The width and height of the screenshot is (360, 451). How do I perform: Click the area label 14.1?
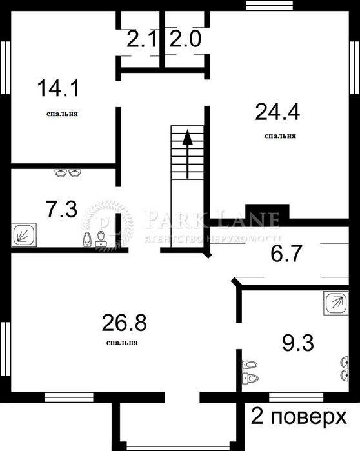pyautogui.click(x=58, y=88)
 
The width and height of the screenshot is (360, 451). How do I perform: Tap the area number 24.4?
pyautogui.click(x=277, y=112)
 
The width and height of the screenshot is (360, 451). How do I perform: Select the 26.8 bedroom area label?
pyautogui.click(x=125, y=323)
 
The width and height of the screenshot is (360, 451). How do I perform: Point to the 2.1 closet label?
pyautogui.click(x=142, y=39)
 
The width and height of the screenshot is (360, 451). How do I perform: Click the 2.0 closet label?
pyautogui.click(x=185, y=39)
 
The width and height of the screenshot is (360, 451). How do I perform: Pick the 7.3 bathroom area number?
pyautogui.click(x=62, y=209)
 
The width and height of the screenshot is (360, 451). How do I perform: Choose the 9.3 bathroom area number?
pyautogui.click(x=298, y=343)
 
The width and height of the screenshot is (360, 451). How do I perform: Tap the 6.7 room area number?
pyautogui.click(x=286, y=254)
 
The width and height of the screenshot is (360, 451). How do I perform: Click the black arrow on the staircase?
pyautogui.click(x=188, y=154)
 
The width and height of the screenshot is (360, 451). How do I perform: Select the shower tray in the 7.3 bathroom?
pyautogui.click(x=24, y=235)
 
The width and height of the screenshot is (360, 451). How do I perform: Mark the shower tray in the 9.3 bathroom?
pyautogui.click(x=336, y=303)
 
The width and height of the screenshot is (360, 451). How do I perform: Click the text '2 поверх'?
pyautogui.click(x=299, y=417)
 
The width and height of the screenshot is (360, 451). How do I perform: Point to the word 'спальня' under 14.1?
pyautogui.click(x=62, y=114)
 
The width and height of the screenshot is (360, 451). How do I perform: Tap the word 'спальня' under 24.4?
pyautogui.click(x=280, y=136)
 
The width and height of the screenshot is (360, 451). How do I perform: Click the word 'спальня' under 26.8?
pyautogui.click(x=122, y=343)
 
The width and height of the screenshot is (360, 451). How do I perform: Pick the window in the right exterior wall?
pyautogui.click(x=355, y=67)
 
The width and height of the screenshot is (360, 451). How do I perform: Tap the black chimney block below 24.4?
pyautogui.click(x=267, y=212)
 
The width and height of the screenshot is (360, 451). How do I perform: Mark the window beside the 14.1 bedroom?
pyautogui.click(x=5, y=67)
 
